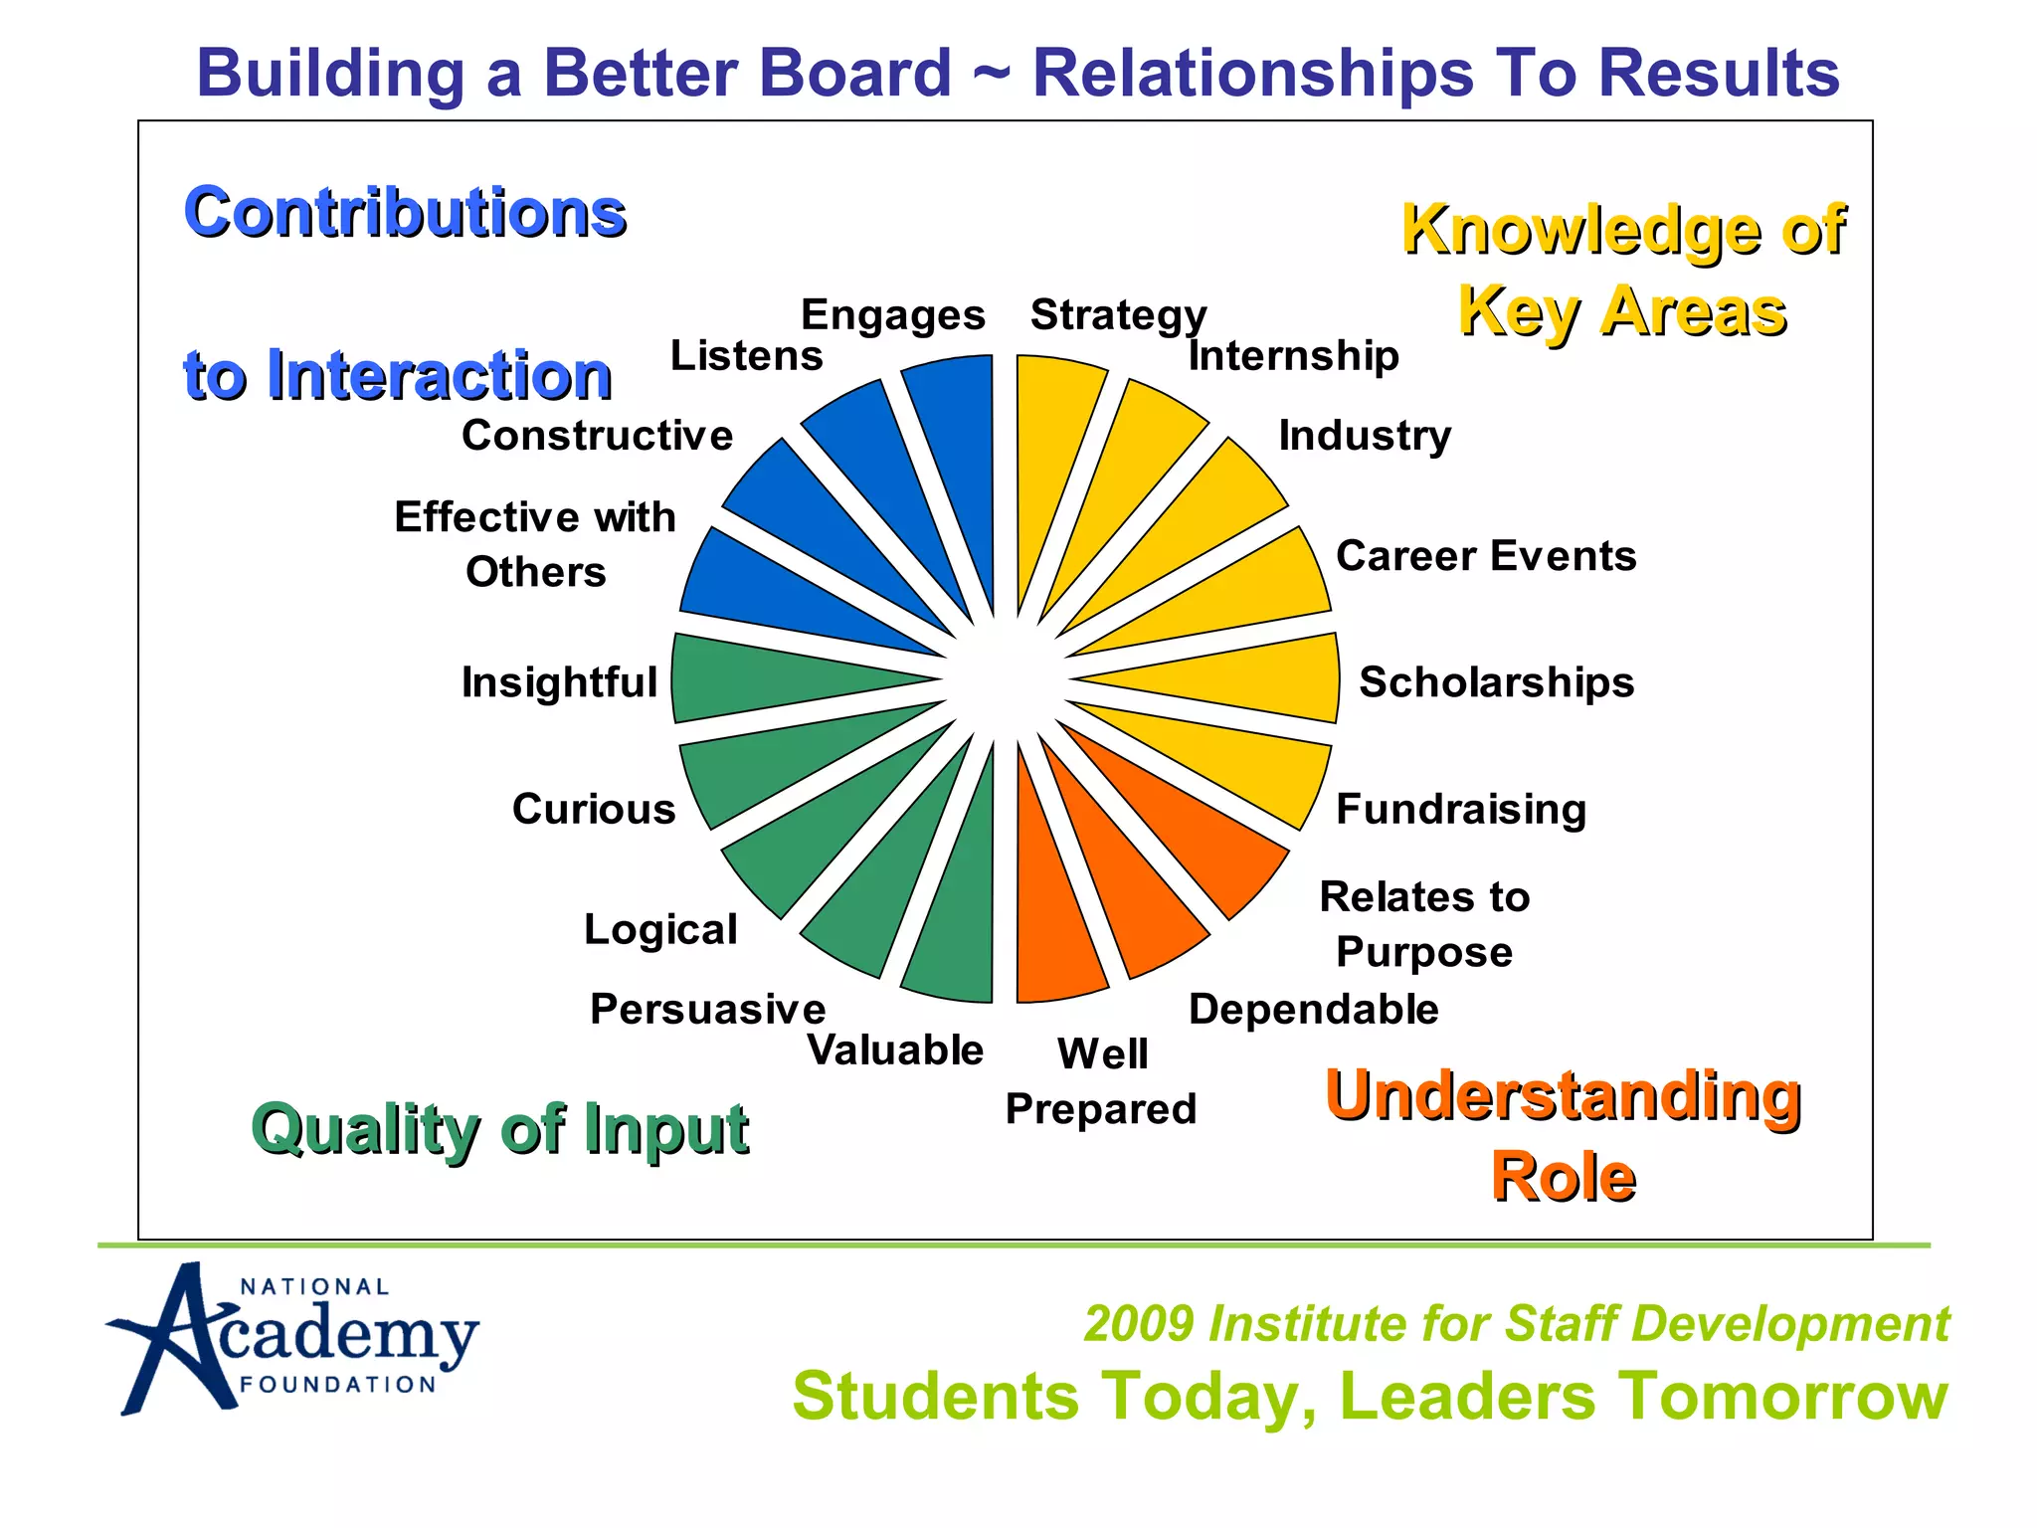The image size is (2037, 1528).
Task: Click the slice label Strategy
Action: tap(1118, 315)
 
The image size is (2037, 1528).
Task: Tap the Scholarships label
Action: tap(1496, 682)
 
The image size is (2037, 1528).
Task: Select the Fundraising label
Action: tap(1460, 809)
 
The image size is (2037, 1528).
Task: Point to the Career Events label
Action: tap(1486, 555)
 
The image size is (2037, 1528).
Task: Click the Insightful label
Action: tap(559, 682)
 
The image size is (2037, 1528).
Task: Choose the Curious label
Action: tap(594, 809)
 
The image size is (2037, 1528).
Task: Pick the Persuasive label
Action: tap(707, 1009)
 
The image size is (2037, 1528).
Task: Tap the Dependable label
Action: tap(1313, 1009)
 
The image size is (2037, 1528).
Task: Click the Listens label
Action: tap(746, 355)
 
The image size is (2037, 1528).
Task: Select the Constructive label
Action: tap(597, 436)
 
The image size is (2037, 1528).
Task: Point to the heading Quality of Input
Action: tap(499, 1129)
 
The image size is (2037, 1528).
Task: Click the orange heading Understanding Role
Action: tap(1563, 1134)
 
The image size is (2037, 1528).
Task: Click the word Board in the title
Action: tap(854, 74)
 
